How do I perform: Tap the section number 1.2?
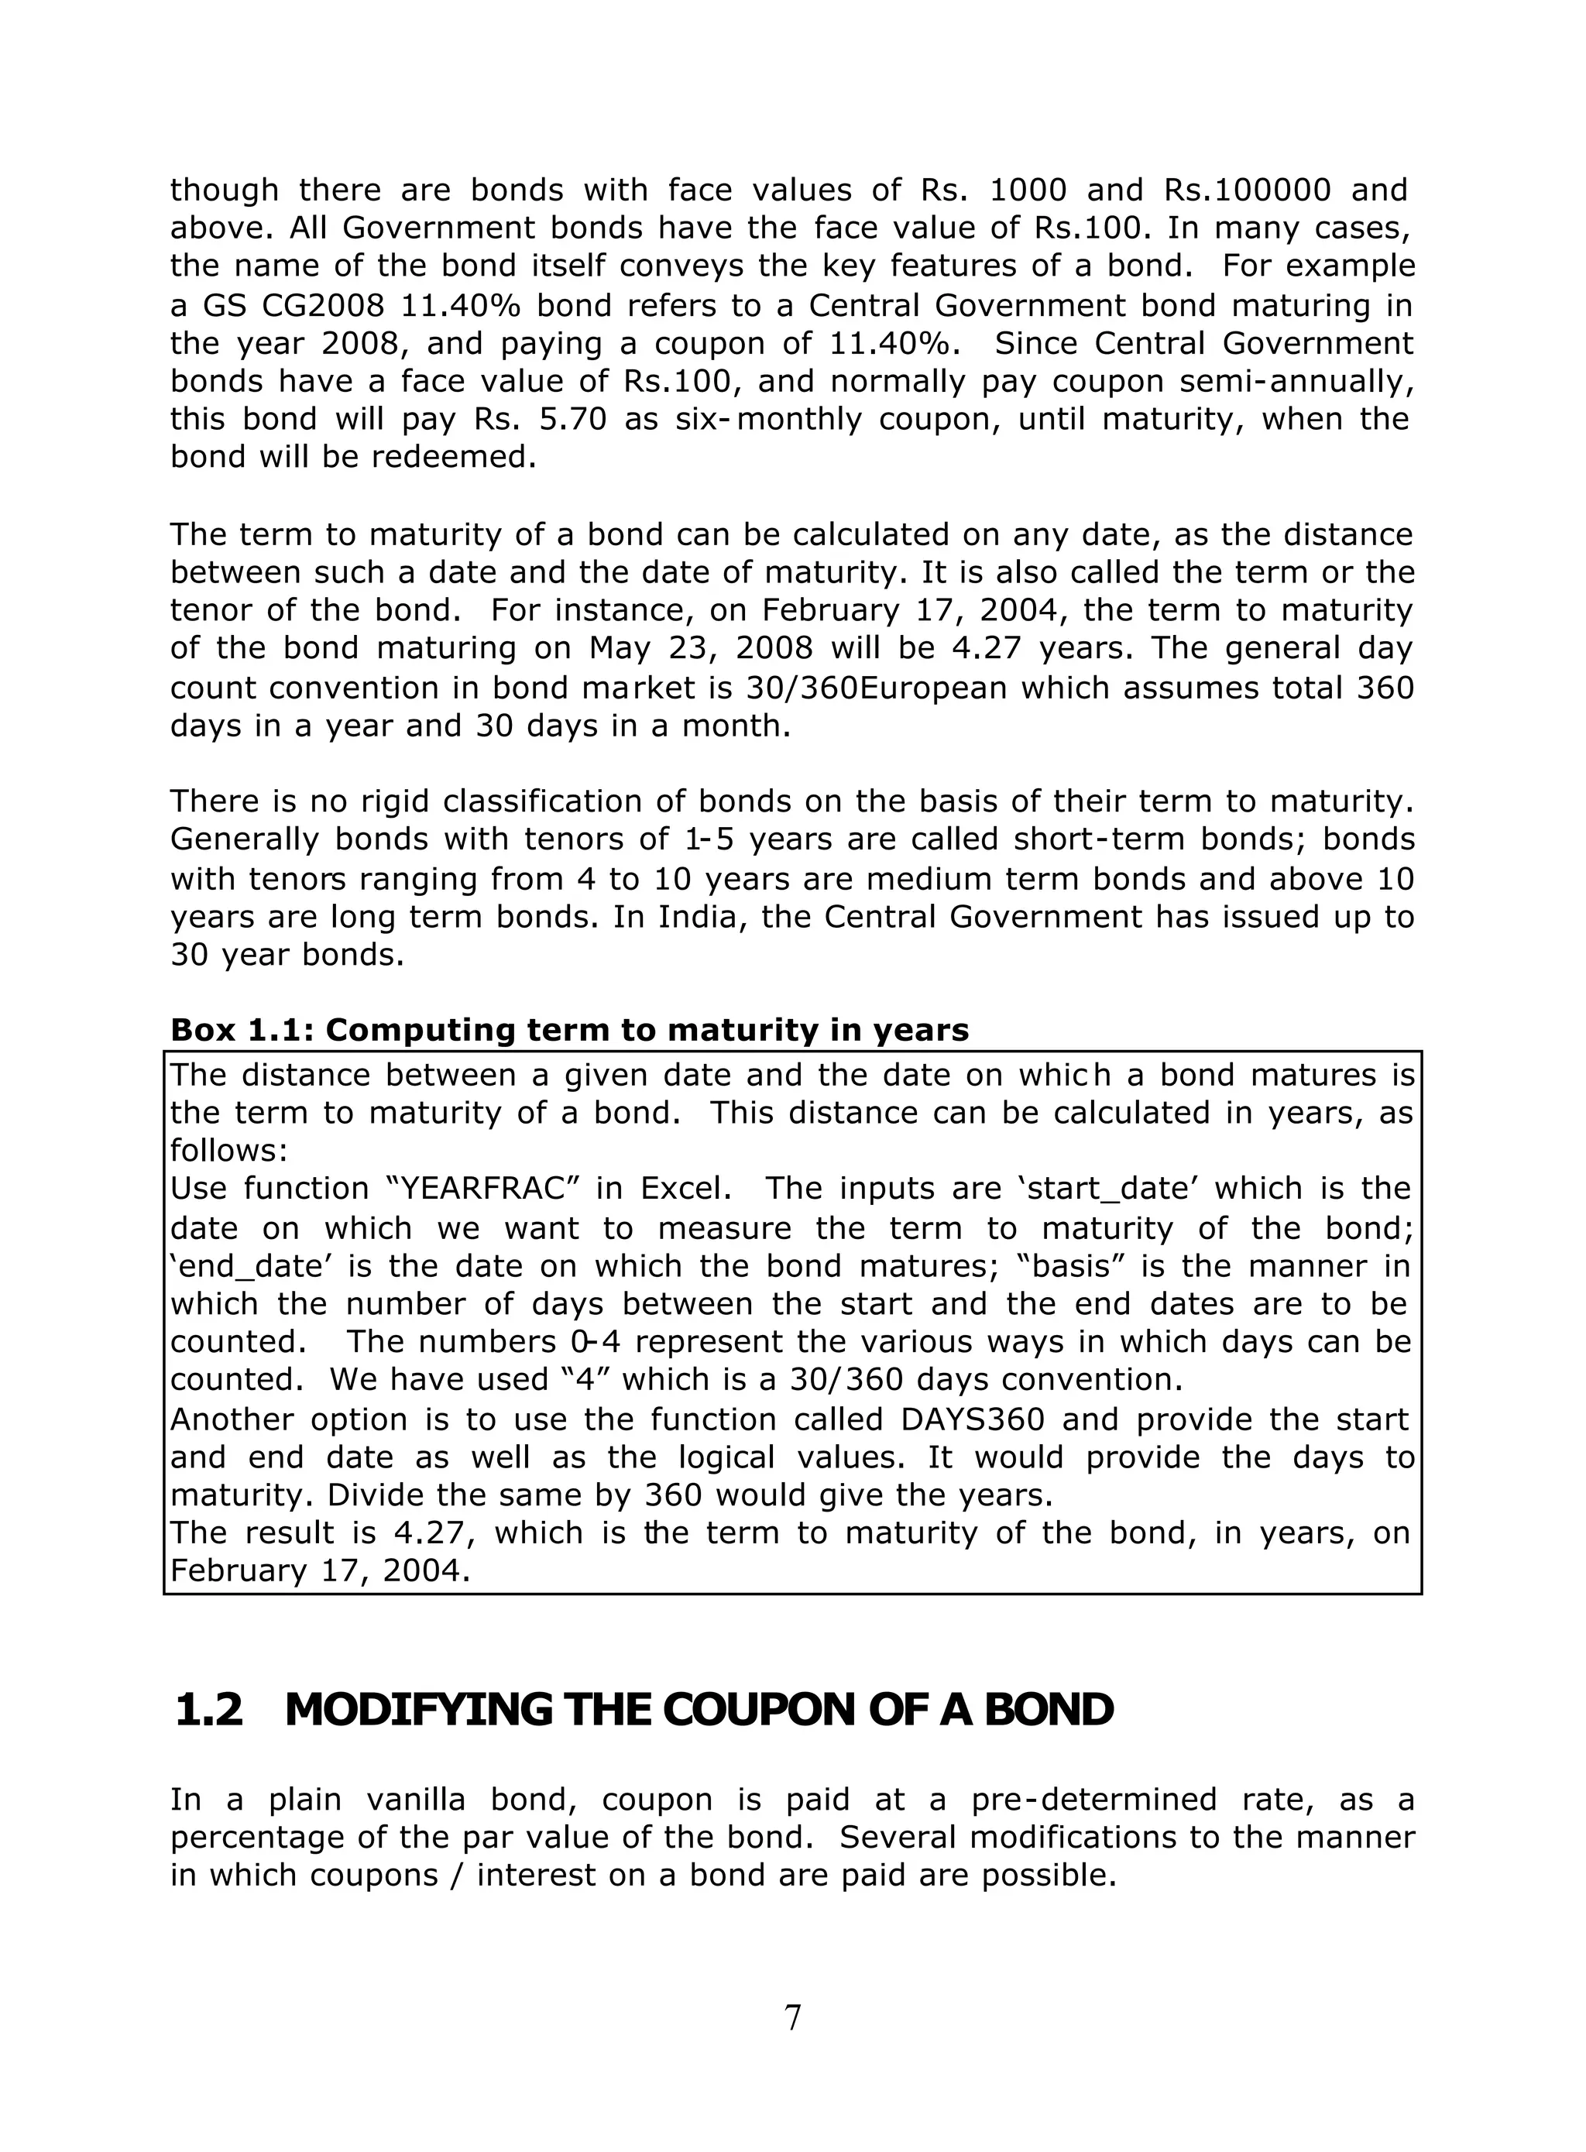tap(208, 1710)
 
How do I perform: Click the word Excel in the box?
tap(681, 1189)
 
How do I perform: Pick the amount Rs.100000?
tap(1247, 190)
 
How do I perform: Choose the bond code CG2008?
tap(324, 305)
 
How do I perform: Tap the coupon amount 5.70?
tap(574, 420)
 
